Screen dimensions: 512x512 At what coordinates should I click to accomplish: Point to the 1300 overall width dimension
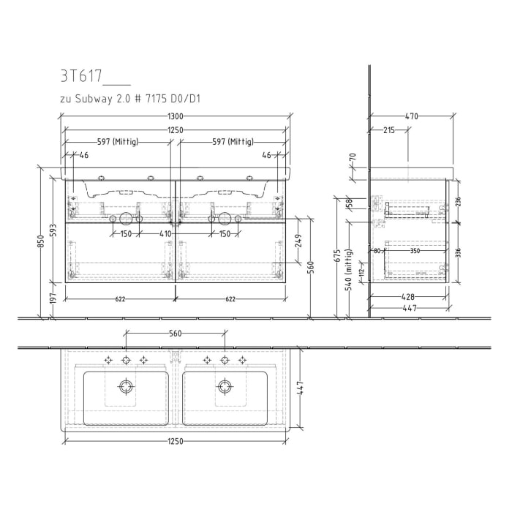[176, 117]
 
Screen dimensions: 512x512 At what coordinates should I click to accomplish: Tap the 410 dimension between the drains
[165, 234]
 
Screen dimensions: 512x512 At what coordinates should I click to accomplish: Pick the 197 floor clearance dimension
[53, 300]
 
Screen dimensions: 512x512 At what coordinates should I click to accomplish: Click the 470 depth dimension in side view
[411, 116]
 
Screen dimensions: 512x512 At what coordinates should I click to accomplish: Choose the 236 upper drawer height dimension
[459, 202]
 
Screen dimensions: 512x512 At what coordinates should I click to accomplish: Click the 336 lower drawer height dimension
[459, 253]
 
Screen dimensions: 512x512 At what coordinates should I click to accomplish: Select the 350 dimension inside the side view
[415, 250]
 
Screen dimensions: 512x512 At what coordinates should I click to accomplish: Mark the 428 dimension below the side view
[408, 297]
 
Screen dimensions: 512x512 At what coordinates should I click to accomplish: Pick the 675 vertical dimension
[336, 255]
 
